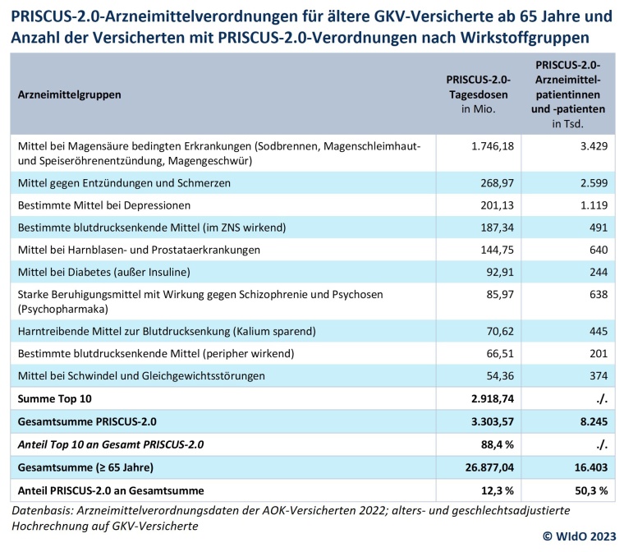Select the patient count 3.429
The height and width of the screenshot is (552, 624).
point(590,145)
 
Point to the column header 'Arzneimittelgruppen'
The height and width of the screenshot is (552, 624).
point(69,94)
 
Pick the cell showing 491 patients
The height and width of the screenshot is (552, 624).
point(597,227)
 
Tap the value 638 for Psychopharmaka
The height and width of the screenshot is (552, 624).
point(597,294)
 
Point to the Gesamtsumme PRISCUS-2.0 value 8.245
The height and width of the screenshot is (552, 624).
point(590,421)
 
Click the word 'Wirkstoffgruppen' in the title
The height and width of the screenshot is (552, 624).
point(516,38)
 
